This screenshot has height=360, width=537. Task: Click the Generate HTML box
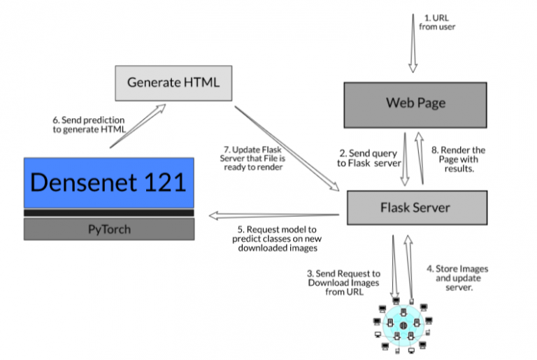pyautogui.click(x=173, y=82)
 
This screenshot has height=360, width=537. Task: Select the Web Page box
pyautogui.click(x=415, y=103)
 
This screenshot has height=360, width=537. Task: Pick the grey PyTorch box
pyautogui.click(x=108, y=229)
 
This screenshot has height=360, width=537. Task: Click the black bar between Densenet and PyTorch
pyautogui.click(x=108, y=213)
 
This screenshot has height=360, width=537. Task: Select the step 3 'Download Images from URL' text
pyautogui.click(x=343, y=282)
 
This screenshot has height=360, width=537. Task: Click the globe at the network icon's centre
pyautogui.click(x=403, y=326)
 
